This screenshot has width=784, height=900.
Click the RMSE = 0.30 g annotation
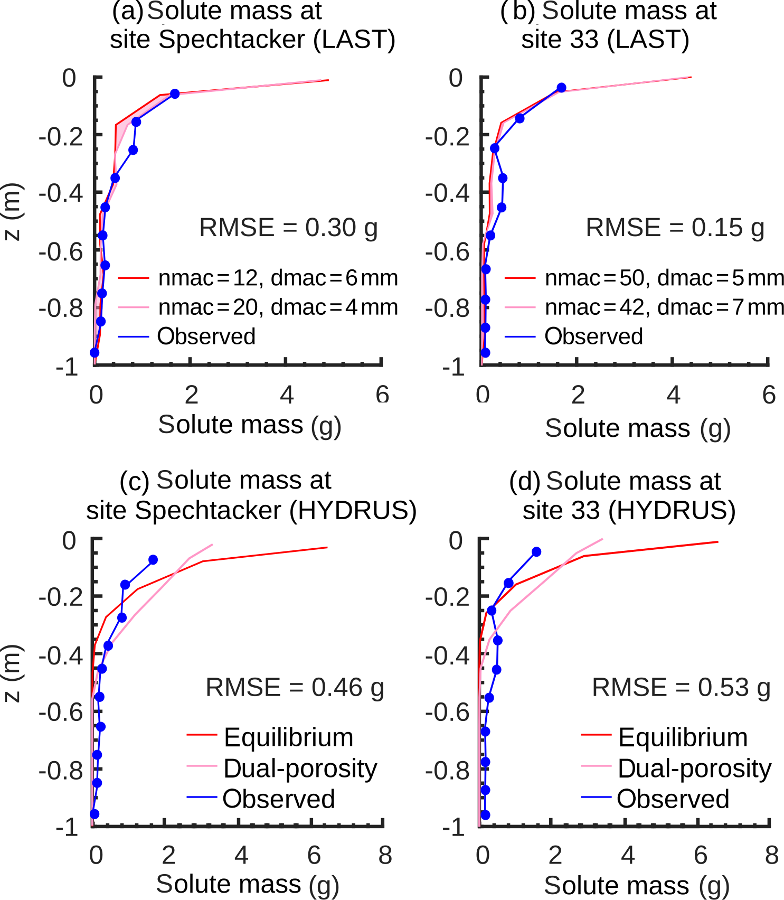(x=288, y=228)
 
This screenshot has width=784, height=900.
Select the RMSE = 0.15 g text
(x=675, y=228)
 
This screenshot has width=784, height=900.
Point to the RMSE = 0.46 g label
(x=295, y=688)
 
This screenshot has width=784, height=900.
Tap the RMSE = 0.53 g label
(x=681, y=688)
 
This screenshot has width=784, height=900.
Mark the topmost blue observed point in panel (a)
(x=175, y=93)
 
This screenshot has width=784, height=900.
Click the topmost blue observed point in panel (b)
(x=562, y=88)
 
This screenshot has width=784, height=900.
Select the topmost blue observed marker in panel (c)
(x=153, y=560)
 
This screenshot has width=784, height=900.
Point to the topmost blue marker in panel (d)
(x=536, y=552)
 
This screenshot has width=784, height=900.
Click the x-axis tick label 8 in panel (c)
(x=385, y=856)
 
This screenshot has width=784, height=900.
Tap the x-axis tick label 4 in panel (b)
(x=673, y=395)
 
